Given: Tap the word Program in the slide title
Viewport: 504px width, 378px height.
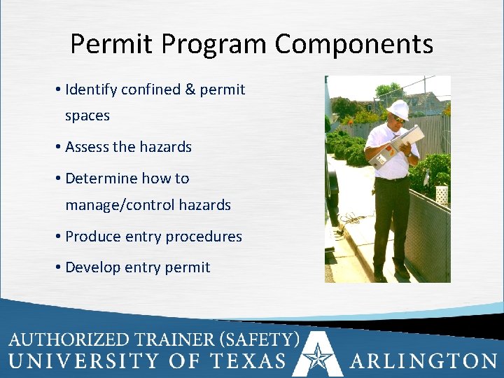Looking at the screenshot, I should [215, 45].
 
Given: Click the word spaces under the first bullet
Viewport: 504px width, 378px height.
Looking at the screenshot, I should [87, 115].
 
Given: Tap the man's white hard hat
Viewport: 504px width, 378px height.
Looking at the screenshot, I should [398, 108].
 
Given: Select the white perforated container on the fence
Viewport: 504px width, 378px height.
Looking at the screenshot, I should [442, 195].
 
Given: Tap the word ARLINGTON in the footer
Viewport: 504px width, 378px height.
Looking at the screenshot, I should [423, 361].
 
